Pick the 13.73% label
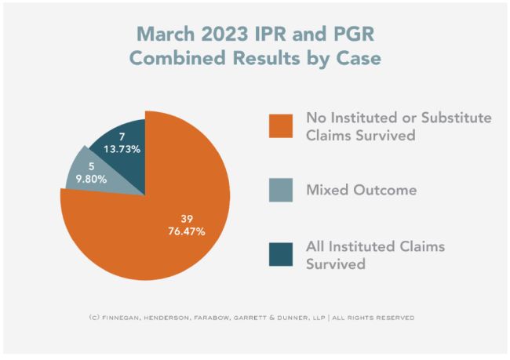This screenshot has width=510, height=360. pos(122,149)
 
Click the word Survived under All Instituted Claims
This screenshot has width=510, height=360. pos(336,264)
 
